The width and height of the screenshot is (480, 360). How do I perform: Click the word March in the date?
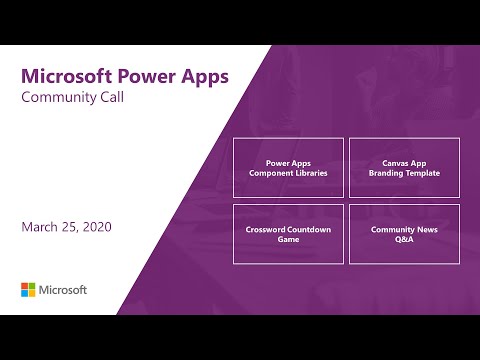click(41, 227)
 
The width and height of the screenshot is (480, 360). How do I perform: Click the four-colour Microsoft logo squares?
click(29, 290)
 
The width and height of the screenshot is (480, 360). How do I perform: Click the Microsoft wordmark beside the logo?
click(64, 290)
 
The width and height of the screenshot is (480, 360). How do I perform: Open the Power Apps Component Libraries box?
click(288, 167)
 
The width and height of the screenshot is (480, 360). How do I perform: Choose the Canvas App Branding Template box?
click(404, 167)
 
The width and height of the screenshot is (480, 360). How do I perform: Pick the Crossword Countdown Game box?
click(288, 234)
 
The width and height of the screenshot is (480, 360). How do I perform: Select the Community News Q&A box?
click(404, 234)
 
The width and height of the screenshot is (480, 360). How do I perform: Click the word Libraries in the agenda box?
click(308, 173)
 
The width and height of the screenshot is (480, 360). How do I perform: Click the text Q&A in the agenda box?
click(404, 240)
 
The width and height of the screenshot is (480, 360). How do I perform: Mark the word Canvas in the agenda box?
click(387, 161)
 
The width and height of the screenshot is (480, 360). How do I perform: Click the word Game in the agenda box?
click(288, 240)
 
